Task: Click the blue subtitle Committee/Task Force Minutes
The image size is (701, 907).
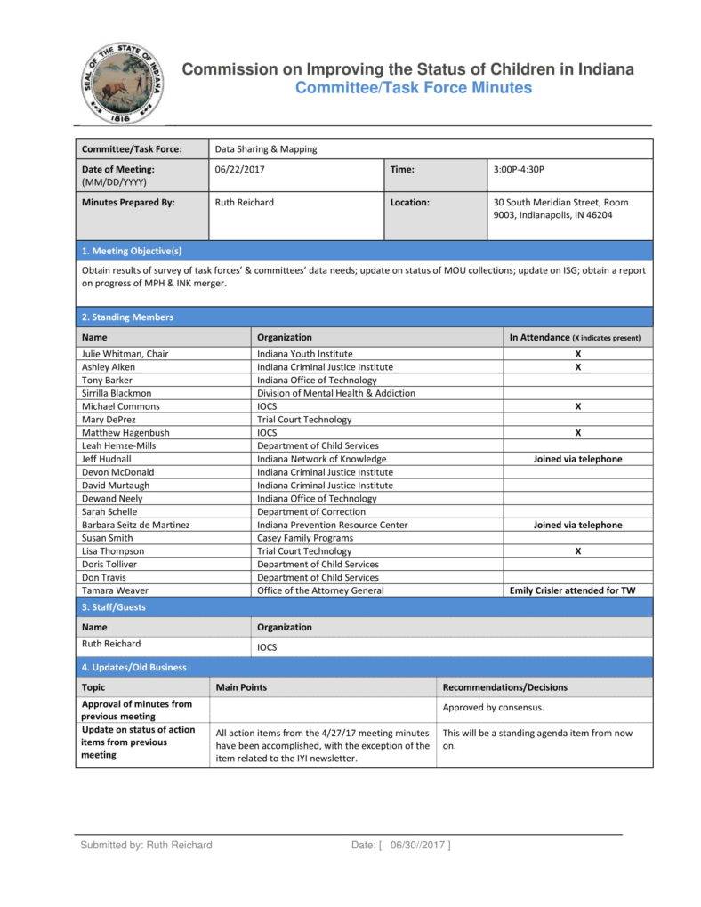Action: [x=413, y=88]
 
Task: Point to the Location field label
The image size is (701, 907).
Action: [x=409, y=202]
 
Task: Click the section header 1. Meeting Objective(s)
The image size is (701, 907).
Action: [x=132, y=251]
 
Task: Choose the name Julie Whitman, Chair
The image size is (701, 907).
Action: [x=125, y=354]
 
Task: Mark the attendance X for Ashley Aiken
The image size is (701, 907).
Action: [x=577, y=366]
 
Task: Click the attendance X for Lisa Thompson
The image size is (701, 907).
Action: [x=577, y=551]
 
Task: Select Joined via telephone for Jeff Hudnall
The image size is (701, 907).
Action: [x=577, y=459]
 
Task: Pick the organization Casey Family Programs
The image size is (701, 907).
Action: [x=305, y=538]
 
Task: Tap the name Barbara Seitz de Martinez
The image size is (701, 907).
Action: [x=135, y=525]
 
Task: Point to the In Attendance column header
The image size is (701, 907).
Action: [x=575, y=338]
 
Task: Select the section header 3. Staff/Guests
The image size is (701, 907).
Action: [x=113, y=607]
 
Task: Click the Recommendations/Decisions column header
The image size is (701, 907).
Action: [x=504, y=687]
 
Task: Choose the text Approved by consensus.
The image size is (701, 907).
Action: [x=493, y=708]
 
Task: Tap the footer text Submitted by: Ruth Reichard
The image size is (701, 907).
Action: [x=146, y=845]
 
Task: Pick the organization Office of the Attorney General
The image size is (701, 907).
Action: [x=320, y=590]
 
